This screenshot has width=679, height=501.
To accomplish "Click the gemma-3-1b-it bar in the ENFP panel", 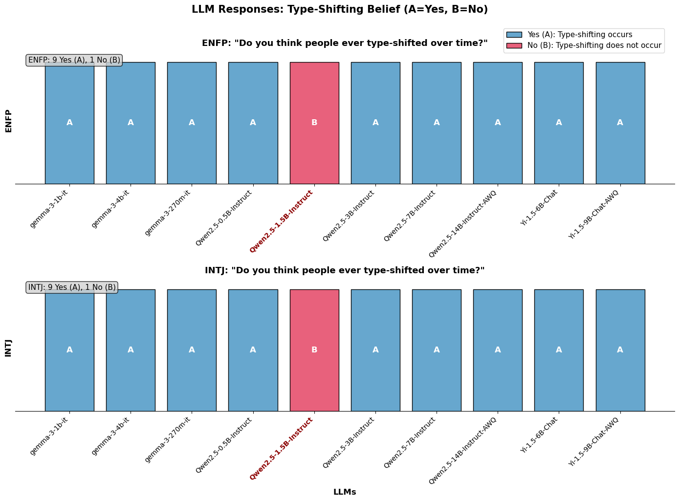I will tap(69, 147).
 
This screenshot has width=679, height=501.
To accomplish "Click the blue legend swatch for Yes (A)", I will tap(514, 35).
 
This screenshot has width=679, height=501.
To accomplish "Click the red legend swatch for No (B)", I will tap(514, 45).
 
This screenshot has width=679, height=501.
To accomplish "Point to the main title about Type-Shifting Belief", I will tap(340, 9).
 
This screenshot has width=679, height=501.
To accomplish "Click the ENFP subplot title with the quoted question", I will tap(345, 43).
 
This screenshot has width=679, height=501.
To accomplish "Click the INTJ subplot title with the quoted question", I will tap(345, 270).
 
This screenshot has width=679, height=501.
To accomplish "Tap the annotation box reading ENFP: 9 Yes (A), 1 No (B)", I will tap(74, 60).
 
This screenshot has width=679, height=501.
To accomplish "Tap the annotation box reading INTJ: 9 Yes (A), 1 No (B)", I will tap(72, 287).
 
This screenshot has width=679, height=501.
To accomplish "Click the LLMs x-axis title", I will tap(345, 492).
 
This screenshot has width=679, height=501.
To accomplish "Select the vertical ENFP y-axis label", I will tap(8, 121).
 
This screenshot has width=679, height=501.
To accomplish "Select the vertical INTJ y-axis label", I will tap(8, 349).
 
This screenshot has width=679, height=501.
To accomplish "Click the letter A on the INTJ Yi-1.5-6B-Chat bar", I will tap(559, 350).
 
